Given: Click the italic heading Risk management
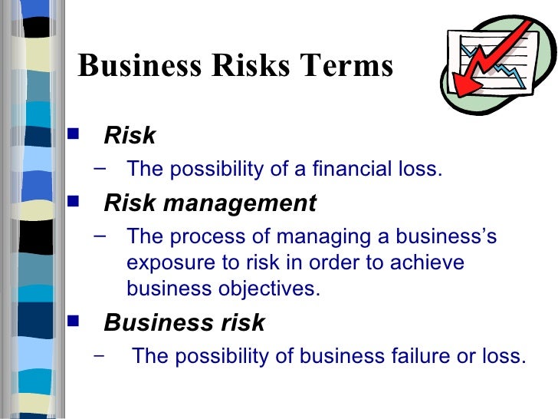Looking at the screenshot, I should [x=209, y=203].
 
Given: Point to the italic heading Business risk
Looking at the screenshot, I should [x=184, y=323].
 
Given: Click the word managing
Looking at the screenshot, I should [x=318, y=236].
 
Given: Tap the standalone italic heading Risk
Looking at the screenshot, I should [x=130, y=136].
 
